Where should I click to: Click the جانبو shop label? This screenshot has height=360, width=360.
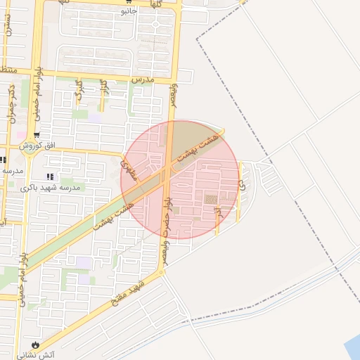coord(127,11)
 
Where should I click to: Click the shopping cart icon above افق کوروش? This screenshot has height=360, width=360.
coord(37,135)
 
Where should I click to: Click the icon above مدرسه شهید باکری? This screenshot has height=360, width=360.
coord(49,176)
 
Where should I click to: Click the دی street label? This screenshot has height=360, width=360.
coord(242,186)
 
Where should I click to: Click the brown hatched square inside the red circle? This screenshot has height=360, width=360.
coord(211,201)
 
